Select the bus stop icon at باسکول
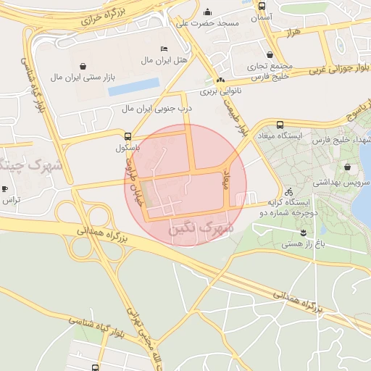tap(128, 136)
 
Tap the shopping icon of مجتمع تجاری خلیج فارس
tap(270, 54)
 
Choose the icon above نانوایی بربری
tap(220, 80)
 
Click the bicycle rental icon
tap(289, 192)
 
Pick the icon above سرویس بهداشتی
tap(347, 167)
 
